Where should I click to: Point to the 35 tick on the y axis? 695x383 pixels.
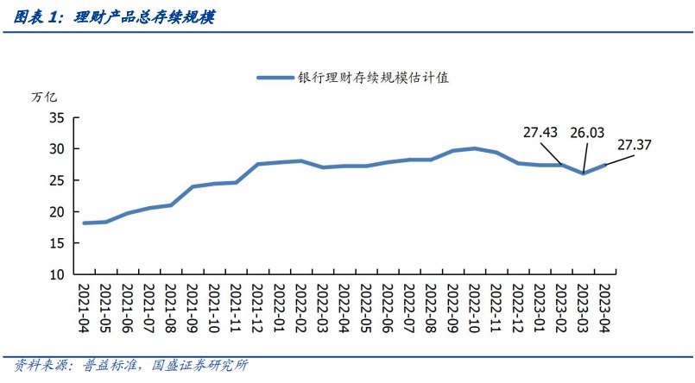pyautogui.click(x=56, y=117)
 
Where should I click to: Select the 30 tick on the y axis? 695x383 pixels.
pyautogui.click(x=56, y=148)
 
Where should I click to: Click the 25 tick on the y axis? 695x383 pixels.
pyautogui.click(x=56, y=180)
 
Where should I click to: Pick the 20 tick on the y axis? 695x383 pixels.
pyautogui.click(x=56, y=211)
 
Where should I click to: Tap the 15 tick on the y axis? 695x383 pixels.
pyautogui.click(x=56, y=243)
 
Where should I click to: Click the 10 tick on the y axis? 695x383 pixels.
pyautogui.click(x=56, y=274)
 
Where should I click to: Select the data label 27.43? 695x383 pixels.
pyautogui.click(x=541, y=132)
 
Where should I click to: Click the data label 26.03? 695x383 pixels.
pyautogui.click(x=587, y=132)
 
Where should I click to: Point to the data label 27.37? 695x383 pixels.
pyautogui.click(x=635, y=144)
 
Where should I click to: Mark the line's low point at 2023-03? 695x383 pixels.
pyautogui.click(x=583, y=173)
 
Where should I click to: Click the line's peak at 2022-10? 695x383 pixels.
pyautogui.click(x=474, y=148)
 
